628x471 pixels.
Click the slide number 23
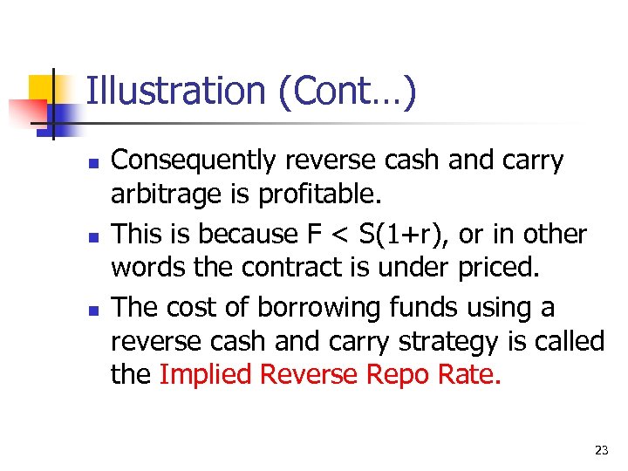pyautogui.click(x=600, y=450)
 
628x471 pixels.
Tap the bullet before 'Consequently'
pyautogui.click(x=92, y=163)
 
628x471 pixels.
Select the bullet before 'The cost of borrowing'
pyautogui.click(x=92, y=310)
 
